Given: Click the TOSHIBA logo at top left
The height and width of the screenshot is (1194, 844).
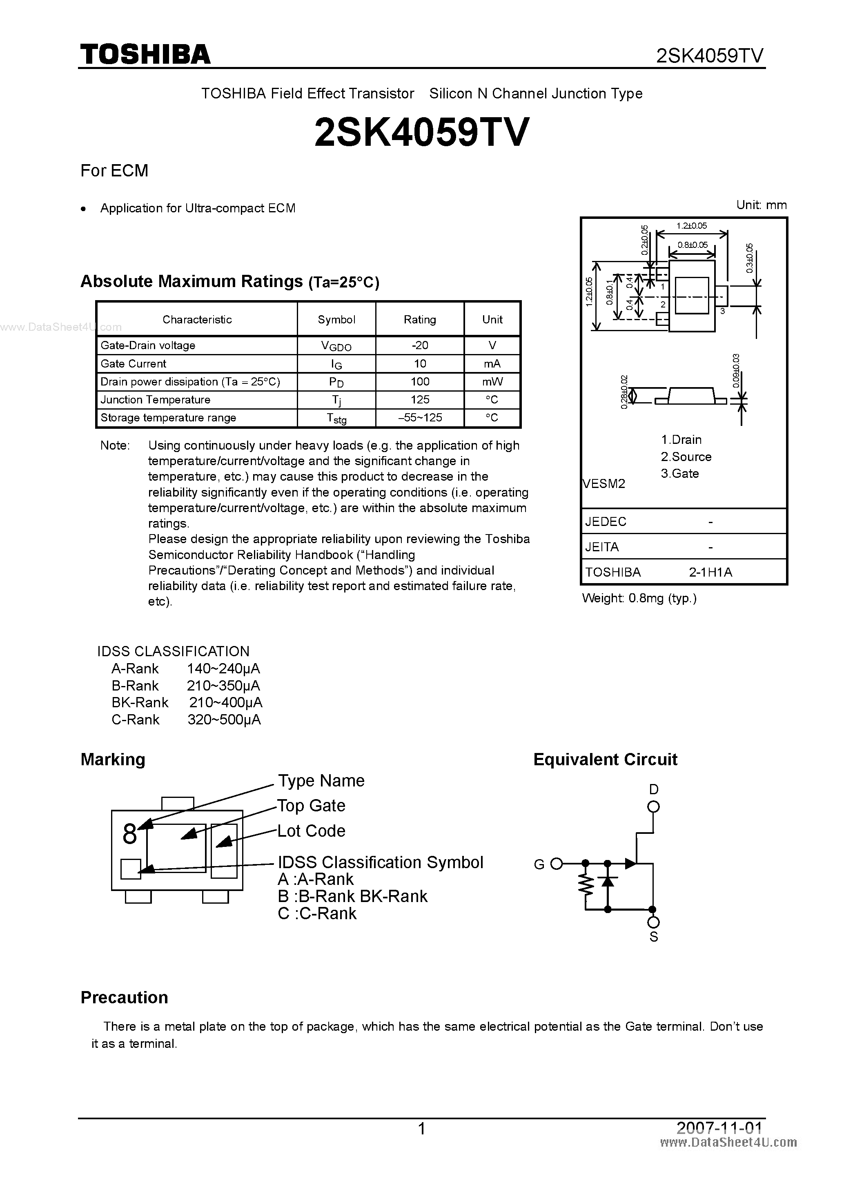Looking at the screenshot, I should [145, 54].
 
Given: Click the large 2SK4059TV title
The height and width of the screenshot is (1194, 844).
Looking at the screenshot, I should [422, 132].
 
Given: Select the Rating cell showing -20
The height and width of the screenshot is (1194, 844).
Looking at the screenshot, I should [420, 345].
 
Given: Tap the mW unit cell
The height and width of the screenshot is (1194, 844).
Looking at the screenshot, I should [492, 382].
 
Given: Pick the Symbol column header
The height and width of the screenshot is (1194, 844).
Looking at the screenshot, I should [336, 319].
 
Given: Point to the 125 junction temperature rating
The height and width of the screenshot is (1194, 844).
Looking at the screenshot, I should [420, 399].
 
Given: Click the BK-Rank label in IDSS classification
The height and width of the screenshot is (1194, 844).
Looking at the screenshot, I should [140, 703].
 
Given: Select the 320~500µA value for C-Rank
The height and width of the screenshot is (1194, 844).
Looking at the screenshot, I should [224, 720].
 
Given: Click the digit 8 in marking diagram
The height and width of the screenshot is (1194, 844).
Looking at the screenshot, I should [129, 834].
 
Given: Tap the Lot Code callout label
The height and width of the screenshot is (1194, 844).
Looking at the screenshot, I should [311, 831].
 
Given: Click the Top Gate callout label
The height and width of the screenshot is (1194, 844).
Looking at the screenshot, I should [311, 806].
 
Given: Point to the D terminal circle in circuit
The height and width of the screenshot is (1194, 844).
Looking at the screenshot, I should [654, 807].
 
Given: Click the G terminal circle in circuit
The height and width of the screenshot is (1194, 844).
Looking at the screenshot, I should [557, 864].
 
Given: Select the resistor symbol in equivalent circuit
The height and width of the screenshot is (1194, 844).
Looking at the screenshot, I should [586, 886].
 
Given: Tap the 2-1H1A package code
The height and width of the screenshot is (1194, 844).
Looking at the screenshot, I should [710, 572].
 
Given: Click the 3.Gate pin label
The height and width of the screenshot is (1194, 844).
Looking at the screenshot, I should [680, 473].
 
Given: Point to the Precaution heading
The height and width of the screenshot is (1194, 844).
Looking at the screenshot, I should [124, 998].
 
